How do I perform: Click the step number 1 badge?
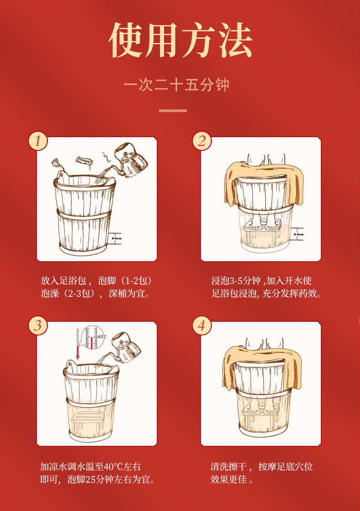(38, 141)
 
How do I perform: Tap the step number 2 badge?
(202, 141)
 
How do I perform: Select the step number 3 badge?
(38, 325)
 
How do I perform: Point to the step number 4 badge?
(202, 325)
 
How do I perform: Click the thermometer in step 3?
(77, 344)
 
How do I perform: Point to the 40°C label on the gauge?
(102, 337)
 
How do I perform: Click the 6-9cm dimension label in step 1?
(117, 238)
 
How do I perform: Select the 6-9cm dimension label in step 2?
(298, 234)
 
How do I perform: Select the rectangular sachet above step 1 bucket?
(84, 162)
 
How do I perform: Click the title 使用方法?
(180, 40)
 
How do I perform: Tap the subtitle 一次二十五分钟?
(176, 85)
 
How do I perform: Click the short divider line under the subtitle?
(173, 111)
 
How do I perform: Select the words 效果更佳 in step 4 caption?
(228, 480)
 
